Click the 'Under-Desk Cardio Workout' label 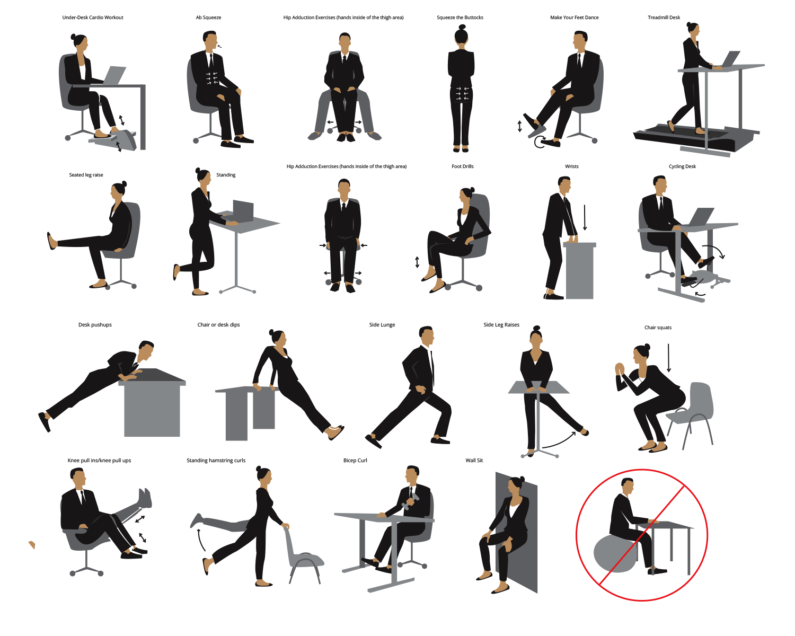(x=93, y=17)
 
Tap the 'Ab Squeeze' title (x=208, y=17)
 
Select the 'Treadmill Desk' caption (x=664, y=17)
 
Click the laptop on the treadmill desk (x=729, y=59)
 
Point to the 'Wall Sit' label (x=474, y=461)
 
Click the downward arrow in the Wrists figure (x=585, y=218)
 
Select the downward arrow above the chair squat (x=668, y=358)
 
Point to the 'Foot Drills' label (x=462, y=166)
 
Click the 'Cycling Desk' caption (x=682, y=166)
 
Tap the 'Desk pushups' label (x=95, y=325)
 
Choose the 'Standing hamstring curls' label (x=216, y=461)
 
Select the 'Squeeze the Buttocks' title (x=460, y=17)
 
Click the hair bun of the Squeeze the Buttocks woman (x=462, y=27)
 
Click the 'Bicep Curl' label (x=355, y=461)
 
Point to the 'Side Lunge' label (x=382, y=325)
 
